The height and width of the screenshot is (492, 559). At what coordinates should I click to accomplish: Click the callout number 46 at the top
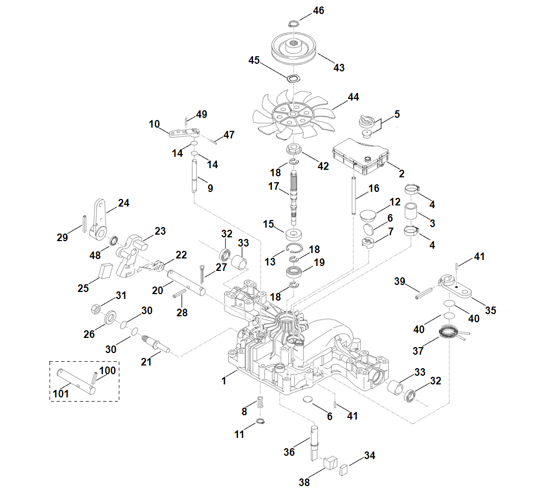pos(318,10)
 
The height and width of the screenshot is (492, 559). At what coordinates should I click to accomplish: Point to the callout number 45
pos(254,59)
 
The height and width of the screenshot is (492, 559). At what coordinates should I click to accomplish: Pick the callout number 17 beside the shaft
pos(274,187)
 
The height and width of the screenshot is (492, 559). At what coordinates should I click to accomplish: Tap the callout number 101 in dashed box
pos(61,394)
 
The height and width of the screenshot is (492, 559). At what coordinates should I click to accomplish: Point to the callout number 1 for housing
pos(223,381)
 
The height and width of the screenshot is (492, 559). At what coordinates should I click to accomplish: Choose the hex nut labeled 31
pos(94,309)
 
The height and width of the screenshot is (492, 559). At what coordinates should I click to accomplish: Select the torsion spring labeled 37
pos(448,333)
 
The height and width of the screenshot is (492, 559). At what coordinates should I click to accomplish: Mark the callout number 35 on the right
pos(490,310)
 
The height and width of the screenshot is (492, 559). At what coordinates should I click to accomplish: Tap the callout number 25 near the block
pos(83,288)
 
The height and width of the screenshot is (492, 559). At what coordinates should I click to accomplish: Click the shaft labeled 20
pos(186,282)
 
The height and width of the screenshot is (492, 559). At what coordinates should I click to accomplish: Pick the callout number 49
pos(202,115)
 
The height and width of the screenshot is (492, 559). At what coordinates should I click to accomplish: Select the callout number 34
pos(369,456)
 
